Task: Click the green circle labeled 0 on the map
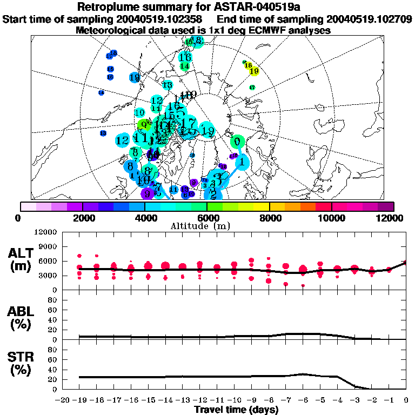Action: tap(237, 142)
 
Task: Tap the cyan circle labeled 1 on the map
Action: tap(243, 161)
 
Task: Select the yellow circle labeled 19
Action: tap(253, 71)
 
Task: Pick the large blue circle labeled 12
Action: tap(122, 140)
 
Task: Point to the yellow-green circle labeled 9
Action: tap(143, 125)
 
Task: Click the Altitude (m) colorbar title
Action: tap(209, 226)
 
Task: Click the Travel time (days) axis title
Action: tap(236, 410)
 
